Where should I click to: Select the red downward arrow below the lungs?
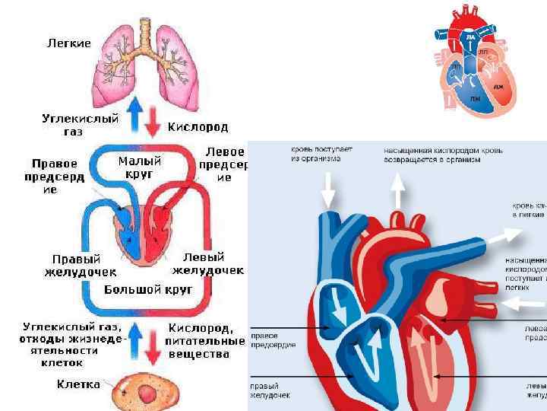(152, 119)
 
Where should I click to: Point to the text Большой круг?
(148, 289)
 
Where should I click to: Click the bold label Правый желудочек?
(80, 265)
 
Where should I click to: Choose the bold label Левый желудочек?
(207, 263)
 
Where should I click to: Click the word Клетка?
(78, 384)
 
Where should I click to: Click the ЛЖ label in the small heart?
(498, 88)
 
